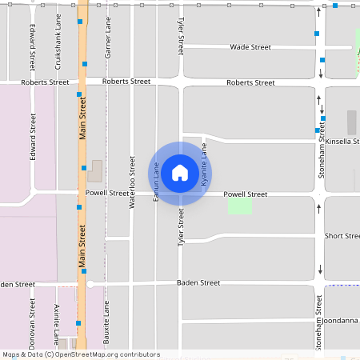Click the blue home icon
pyautogui.click(x=180, y=173)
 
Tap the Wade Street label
pyautogui.click(x=249, y=47)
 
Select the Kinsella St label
pyautogui.click(x=342, y=141)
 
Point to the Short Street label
pyautogui.click(x=342, y=236)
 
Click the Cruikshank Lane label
pyautogui.click(x=58, y=39)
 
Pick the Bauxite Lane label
pyautogui.click(x=107, y=322)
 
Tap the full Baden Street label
pyautogui.click(x=198, y=283)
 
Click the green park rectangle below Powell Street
pyautogui.click(x=240, y=206)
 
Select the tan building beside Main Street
pyautogui.click(x=96, y=170)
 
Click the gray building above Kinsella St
pyautogui.click(x=351, y=122)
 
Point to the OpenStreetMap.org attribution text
pyautogui.click(x=82, y=354)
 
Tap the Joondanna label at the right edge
pyautogui.click(x=342, y=320)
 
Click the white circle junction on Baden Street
pyautogui.click(x=90, y=284)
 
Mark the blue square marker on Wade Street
pyautogui.click(x=317, y=34)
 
